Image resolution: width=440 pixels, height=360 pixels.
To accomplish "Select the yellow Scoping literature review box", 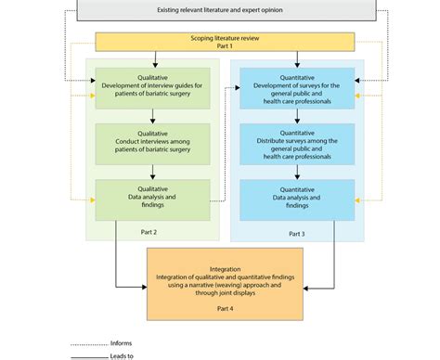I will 226,42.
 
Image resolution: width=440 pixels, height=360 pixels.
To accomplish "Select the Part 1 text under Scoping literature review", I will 226,46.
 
